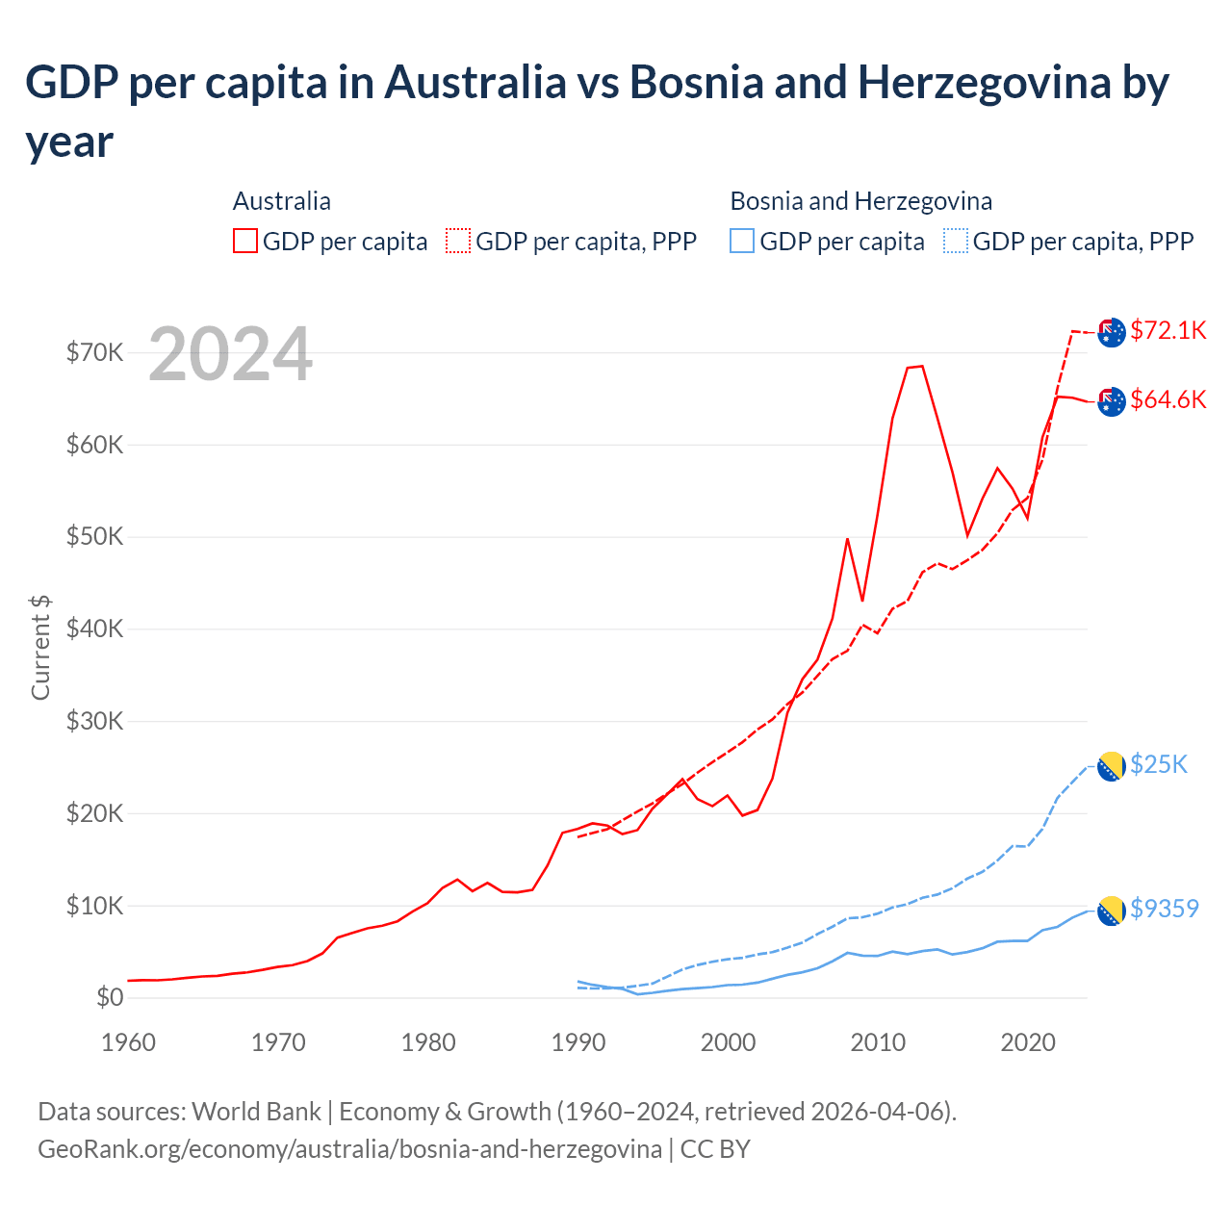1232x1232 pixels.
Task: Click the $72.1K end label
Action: pyautogui.click(x=1168, y=330)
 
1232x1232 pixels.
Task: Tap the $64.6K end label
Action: pyautogui.click(x=1168, y=399)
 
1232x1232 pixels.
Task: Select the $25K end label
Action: pyautogui.click(x=1159, y=764)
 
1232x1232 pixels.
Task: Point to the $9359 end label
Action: pyautogui.click(x=1164, y=909)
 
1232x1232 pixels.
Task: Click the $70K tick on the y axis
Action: pyautogui.click(x=94, y=352)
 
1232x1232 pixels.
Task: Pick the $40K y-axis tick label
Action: pyautogui.click(x=94, y=629)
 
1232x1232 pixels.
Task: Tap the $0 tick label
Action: pyautogui.click(x=110, y=997)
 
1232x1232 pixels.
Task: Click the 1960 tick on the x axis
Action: pyautogui.click(x=129, y=1042)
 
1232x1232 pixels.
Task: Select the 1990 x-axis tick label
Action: pyautogui.click(x=578, y=1042)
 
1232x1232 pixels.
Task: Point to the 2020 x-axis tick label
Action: pyautogui.click(x=1028, y=1042)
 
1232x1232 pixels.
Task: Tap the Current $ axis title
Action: pyautogui.click(x=40, y=647)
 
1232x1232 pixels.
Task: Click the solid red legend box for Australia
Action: pyautogui.click(x=245, y=241)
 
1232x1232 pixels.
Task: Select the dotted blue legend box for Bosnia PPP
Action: pyautogui.click(x=956, y=241)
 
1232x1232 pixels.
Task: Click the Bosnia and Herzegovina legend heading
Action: pyautogui.click(x=860, y=201)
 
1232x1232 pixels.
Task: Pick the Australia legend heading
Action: pyautogui.click(x=282, y=201)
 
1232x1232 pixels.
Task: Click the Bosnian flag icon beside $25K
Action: pyautogui.click(x=1112, y=766)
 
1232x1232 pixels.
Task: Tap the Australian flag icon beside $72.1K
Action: pyautogui.click(x=1112, y=332)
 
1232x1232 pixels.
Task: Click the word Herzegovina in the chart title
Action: pyautogui.click(x=984, y=83)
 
